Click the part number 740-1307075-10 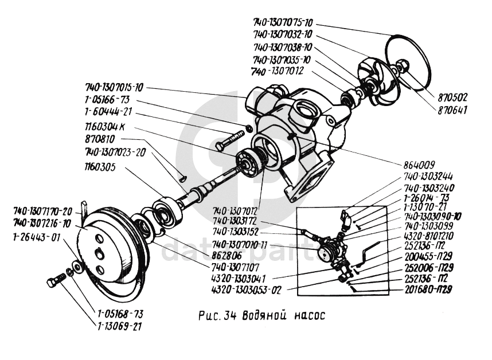(283, 22)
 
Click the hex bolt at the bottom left (56, 282)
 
